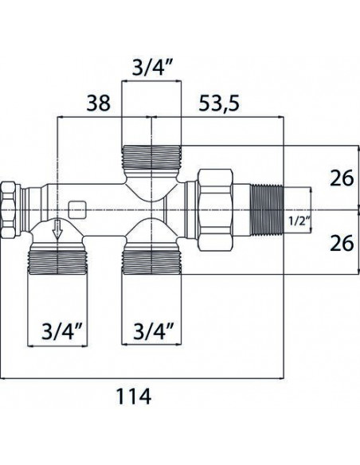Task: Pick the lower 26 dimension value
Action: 341,243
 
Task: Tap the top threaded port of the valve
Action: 151,159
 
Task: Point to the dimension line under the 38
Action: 104,117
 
